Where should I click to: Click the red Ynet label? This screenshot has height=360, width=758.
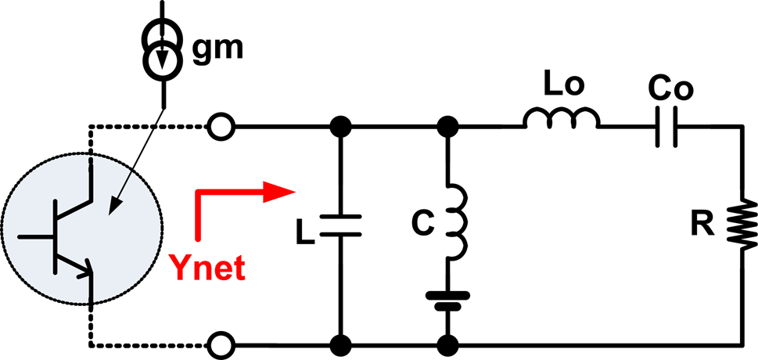[x=206, y=269]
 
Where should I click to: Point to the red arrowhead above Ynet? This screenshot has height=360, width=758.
[x=278, y=193]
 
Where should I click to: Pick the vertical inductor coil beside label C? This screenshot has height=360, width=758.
[x=454, y=222]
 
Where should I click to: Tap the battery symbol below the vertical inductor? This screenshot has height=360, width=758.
[x=448, y=301]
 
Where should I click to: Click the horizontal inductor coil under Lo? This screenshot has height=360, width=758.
[x=562, y=120]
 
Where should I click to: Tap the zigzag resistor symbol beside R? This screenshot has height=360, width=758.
[x=739, y=225]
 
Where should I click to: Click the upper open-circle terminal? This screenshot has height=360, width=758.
[x=221, y=125]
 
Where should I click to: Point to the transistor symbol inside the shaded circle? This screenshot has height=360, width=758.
[x=74, y=234]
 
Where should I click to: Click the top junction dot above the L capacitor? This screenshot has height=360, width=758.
[x=340, y=125]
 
